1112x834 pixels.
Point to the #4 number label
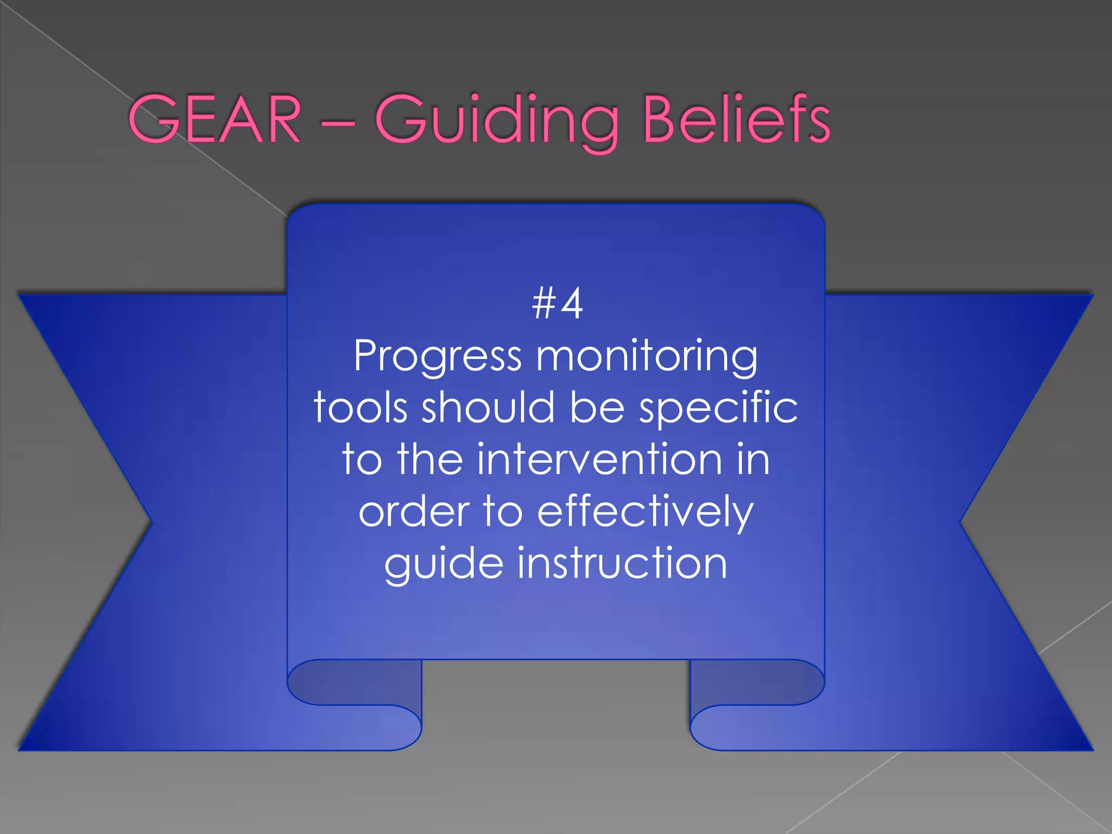[558, 304]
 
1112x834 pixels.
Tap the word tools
[360, 407]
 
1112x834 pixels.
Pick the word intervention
[599, 459]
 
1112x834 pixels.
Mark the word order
[414, 512]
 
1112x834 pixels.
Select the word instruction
[622, 563]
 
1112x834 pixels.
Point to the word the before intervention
[429, 459]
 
